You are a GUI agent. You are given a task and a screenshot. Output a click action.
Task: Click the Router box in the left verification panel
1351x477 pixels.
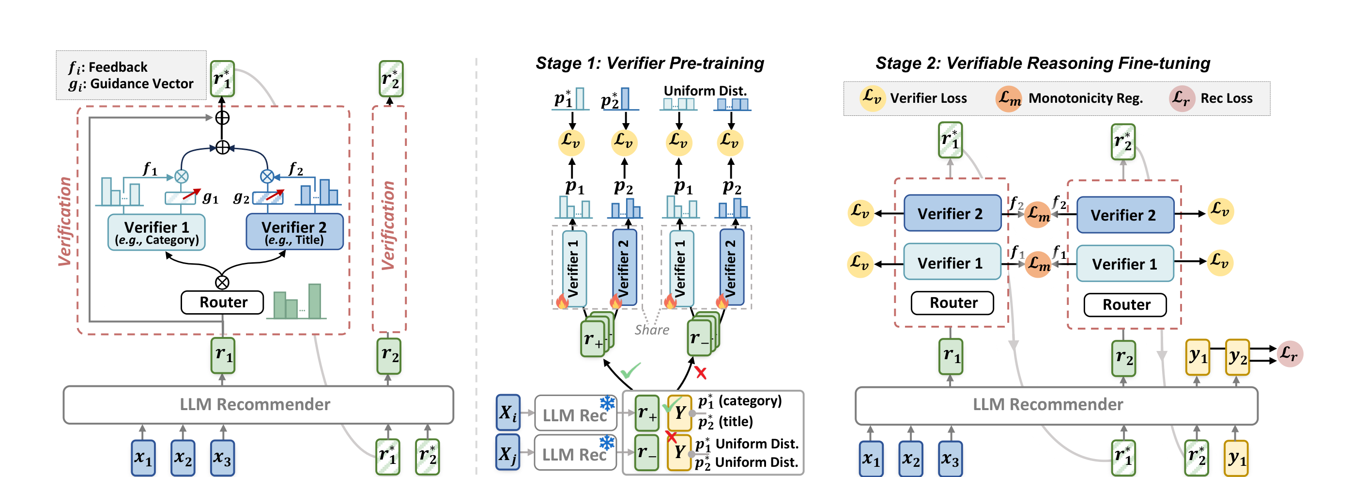click(x=222, y=302)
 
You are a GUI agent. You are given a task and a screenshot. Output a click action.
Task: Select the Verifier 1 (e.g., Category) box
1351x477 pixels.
click(x=156, y=232)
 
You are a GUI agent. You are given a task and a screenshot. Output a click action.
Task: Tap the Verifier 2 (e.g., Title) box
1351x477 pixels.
click(x=294, y=232)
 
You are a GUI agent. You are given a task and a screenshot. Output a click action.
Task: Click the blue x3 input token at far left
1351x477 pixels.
click(x=222, y=458)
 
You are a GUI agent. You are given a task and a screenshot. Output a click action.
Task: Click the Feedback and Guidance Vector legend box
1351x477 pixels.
click(x=131, y=75)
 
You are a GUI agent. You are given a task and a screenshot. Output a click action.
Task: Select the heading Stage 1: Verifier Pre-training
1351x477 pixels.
click(x=649, y=64)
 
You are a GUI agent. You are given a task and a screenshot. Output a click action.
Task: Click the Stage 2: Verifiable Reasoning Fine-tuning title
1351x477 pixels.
click(x=1043, y=64)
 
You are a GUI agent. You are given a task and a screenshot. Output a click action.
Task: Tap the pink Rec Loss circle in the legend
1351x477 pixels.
click(x=1182, y=98)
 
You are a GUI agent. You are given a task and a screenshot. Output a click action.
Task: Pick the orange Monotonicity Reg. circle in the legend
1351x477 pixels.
click(x=1009, y=98)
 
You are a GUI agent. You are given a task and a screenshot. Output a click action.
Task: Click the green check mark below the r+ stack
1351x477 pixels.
click(x=631, y=370)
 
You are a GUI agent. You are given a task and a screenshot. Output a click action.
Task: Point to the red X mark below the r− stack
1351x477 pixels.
click(x=701, y=373)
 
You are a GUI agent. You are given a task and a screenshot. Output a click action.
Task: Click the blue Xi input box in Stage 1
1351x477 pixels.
click(x=507, y=413)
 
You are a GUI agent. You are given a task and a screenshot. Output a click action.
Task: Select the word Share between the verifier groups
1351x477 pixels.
click(x=652, y=330)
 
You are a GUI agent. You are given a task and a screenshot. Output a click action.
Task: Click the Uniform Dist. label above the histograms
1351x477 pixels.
click(x=705, y=91)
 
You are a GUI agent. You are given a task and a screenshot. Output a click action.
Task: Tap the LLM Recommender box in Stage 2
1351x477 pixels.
click(x=1056, y=405)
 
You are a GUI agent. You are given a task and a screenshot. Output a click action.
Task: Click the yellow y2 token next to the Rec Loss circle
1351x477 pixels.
click(x=1237, y=357)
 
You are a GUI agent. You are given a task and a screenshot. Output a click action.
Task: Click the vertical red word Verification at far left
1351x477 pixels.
click(x=64, y=222)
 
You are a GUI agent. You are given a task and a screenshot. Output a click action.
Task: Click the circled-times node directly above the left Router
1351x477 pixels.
click(x=222, y=282)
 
